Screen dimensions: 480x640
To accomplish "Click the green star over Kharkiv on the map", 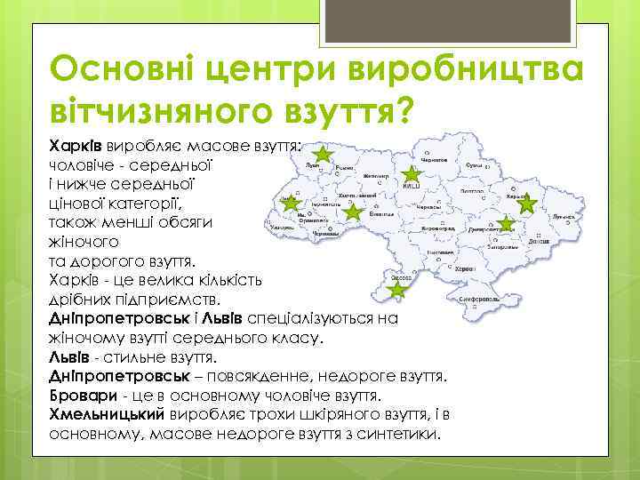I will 527,204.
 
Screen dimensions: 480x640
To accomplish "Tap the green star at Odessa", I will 397,290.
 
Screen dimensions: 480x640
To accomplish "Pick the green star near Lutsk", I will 323,156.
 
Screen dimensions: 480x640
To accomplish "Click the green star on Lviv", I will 289,204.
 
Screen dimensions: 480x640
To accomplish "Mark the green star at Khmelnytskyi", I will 353,212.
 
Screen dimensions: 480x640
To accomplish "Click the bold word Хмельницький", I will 107,414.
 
